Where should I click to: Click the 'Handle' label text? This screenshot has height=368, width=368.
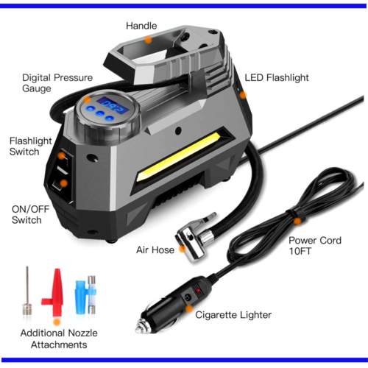click(x=141, y=26)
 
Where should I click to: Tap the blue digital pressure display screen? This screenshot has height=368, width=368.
click(x=113, y=105)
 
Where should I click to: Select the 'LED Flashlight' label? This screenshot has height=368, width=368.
click(x=277, y=77)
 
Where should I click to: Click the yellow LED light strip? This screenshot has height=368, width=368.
click(x=179, y=157)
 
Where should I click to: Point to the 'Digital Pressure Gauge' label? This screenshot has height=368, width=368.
click(x=57, y=83)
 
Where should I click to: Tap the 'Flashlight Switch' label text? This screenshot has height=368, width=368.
click(x=30, y=146)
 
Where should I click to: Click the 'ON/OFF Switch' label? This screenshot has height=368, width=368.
click(x=30, y=215)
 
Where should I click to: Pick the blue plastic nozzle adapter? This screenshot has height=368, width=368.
click(x=82, y=297)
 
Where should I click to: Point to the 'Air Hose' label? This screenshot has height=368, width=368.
click(x=155, y=250)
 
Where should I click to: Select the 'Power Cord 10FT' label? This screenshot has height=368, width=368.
click(x=315, y=246)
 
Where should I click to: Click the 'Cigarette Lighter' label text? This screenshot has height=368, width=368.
click(x=233, y=315)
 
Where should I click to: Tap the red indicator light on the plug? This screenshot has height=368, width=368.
click(x=198, y=291)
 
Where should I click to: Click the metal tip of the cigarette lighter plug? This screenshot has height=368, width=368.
click(x=142, y=327)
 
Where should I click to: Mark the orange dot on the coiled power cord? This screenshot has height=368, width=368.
click(x=297, y=222)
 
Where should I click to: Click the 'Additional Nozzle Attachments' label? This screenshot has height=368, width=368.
click(x=59, y=339)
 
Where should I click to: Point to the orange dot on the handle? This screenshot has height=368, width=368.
click(x=148, y=40)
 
